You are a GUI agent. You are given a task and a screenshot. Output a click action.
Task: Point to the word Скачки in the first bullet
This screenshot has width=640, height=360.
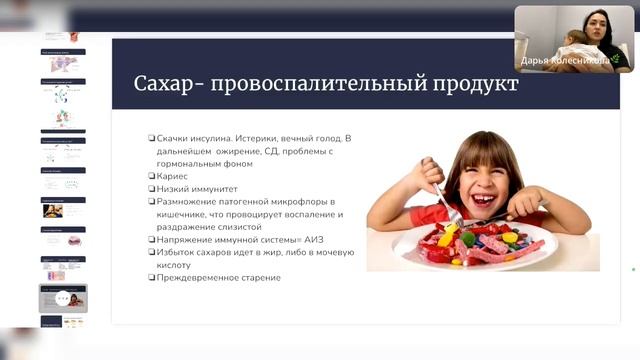(x=172, y=138)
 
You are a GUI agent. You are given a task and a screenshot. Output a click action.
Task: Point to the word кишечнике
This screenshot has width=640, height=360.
(x=181, y=214)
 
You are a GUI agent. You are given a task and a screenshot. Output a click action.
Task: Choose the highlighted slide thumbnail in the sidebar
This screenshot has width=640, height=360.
(x=62, y=298)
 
